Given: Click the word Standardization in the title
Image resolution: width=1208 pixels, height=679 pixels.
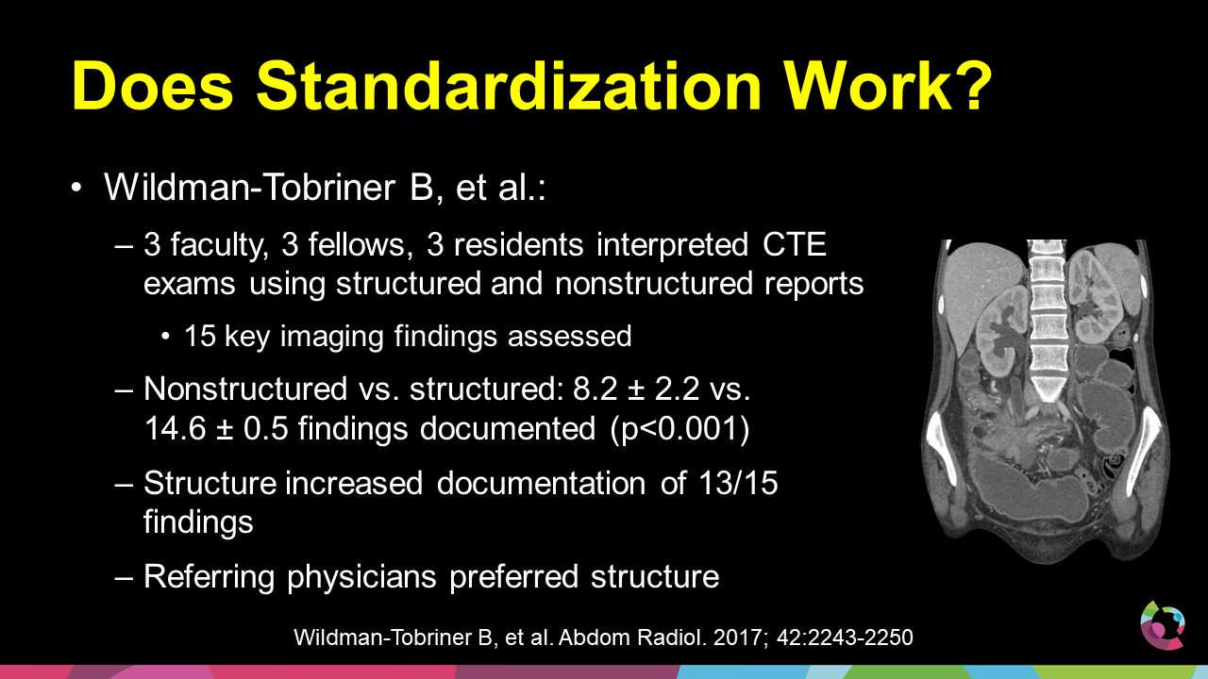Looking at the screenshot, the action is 508,86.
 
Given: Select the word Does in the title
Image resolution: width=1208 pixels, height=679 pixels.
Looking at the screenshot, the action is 152,86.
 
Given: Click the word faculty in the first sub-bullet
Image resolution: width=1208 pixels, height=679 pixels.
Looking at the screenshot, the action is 219,246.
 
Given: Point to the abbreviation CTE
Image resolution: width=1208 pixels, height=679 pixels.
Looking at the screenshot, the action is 795,244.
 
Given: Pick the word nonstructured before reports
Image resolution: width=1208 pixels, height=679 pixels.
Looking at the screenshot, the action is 654,284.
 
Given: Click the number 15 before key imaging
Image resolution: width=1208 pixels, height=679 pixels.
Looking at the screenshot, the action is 200,337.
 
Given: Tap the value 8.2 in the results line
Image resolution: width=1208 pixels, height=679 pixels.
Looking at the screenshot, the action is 595,389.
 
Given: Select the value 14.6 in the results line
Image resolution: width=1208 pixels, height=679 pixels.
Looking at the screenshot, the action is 176,429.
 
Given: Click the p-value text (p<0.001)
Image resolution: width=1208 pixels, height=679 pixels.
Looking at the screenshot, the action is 680,430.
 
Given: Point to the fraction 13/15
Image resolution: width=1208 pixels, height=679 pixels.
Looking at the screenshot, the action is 738,483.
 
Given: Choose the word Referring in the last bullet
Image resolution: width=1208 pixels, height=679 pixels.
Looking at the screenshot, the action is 210,578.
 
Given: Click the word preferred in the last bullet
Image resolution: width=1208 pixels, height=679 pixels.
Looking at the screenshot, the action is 514,578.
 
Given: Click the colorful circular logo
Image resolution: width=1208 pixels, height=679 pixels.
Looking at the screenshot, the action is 1163,625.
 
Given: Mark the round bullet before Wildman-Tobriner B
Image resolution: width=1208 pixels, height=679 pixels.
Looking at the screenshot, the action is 76,188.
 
